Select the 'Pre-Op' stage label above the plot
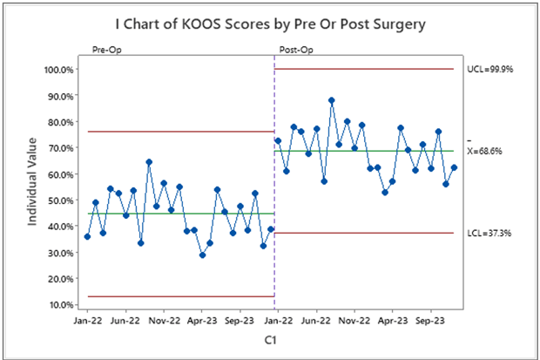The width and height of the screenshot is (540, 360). (x=106, y=51)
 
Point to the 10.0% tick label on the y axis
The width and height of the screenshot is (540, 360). (x=58, y=304)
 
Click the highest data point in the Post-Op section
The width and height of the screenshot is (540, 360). (x=332, y=100)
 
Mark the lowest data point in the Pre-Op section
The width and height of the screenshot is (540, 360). (x=202, y=255)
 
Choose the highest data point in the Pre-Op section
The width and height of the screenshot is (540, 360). (x=149, y=162)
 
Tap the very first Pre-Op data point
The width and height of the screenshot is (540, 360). (x=87, y=236)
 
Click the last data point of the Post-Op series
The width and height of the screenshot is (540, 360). (x=454, y=167)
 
